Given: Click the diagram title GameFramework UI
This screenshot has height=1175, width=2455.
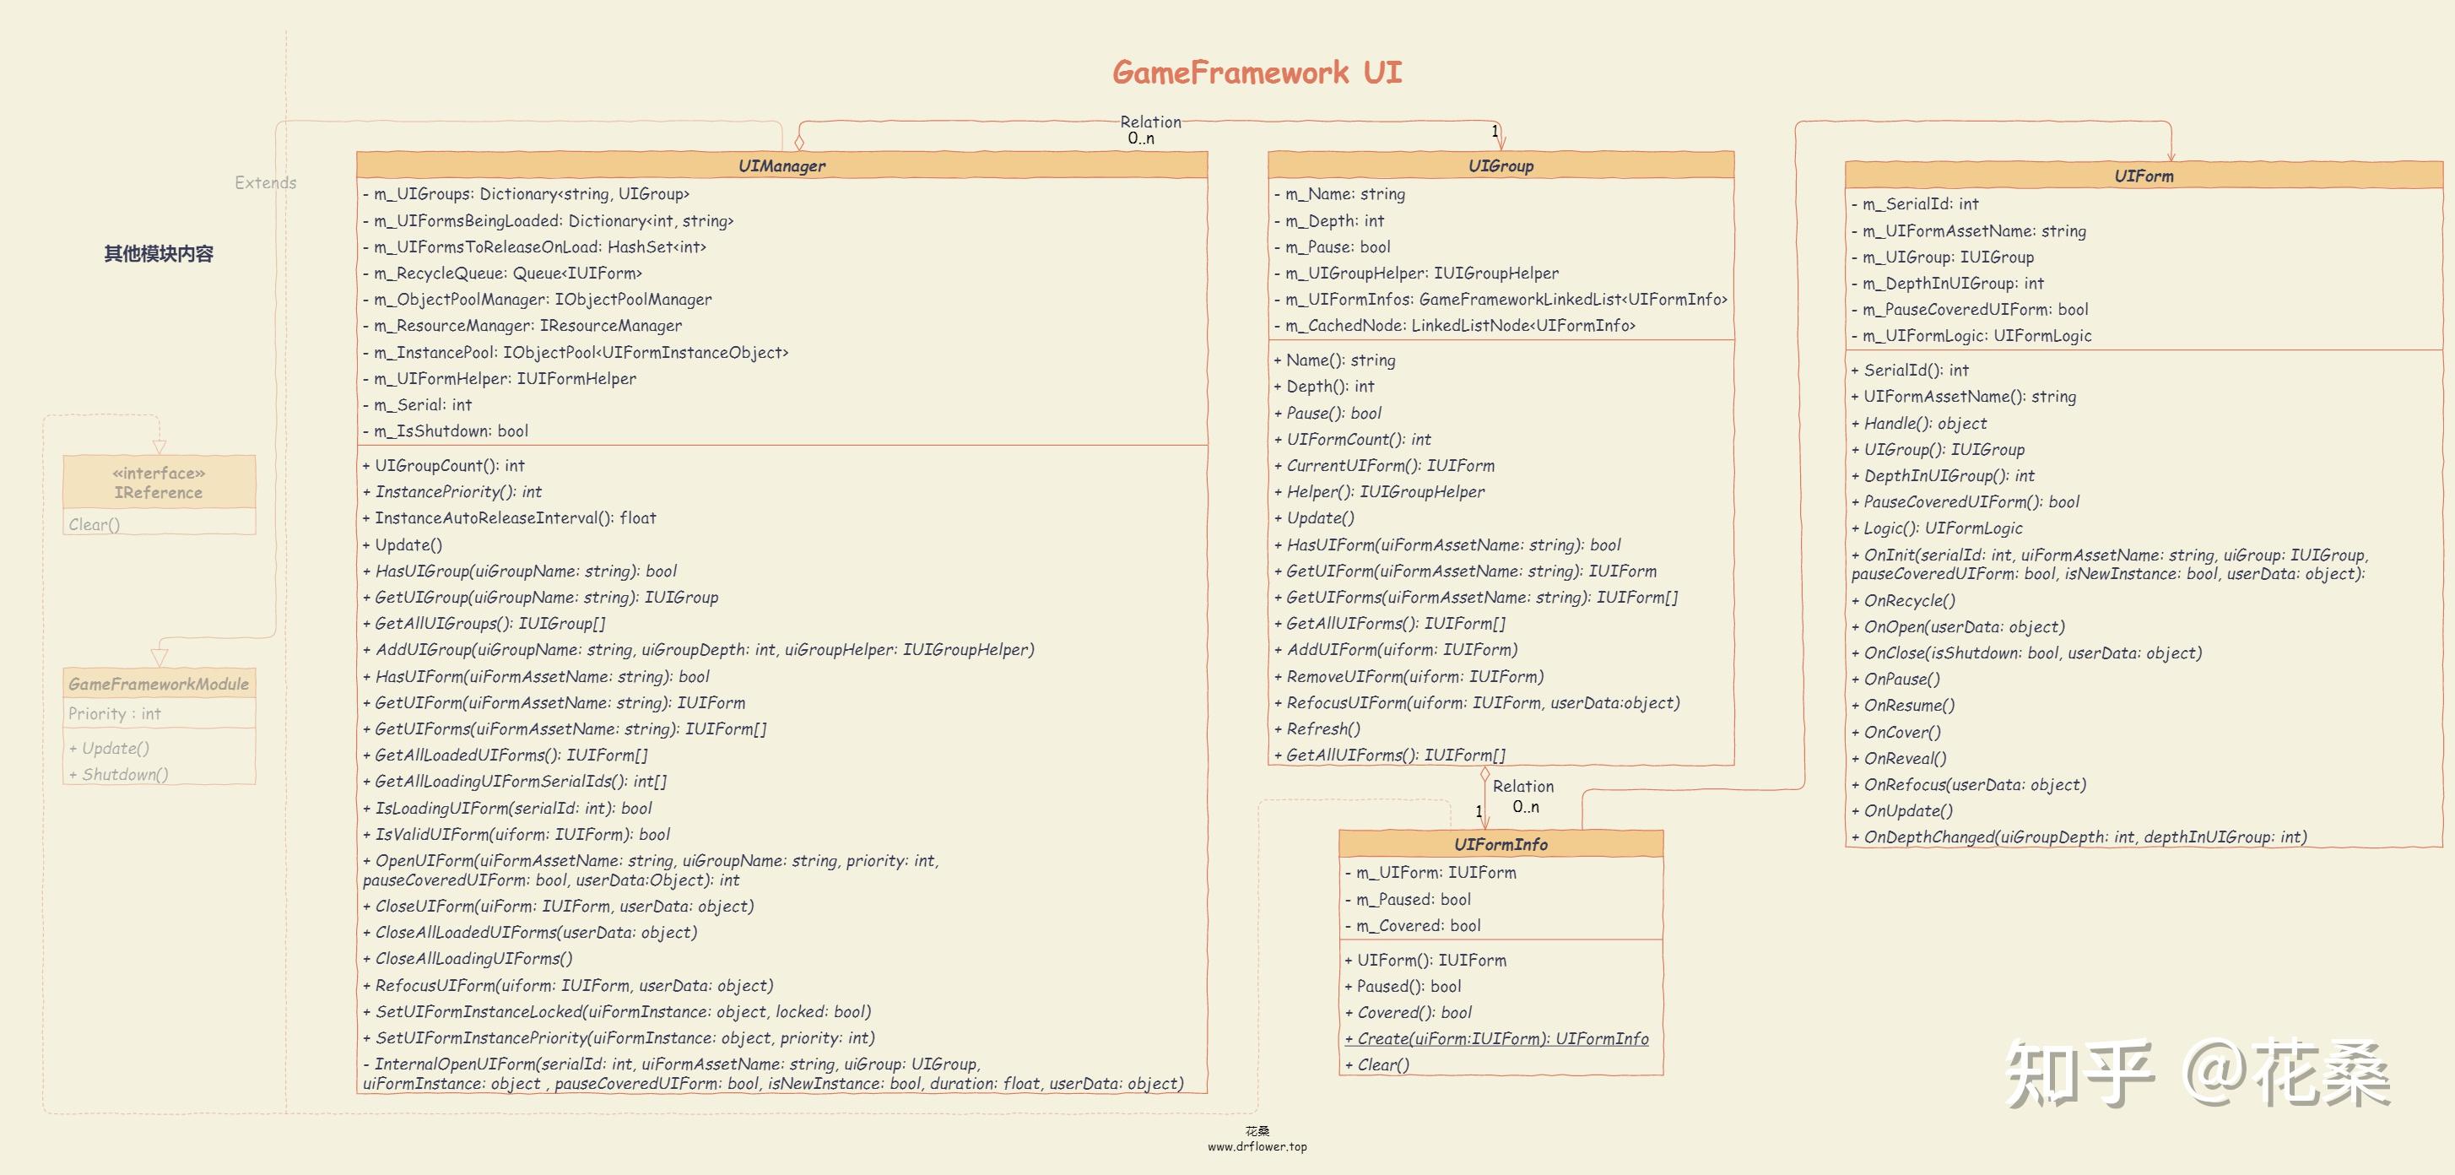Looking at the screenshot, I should (1257, 73).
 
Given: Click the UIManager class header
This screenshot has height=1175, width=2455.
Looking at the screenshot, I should (781, 165).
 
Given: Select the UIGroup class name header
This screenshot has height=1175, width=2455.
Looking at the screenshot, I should (1500, 165).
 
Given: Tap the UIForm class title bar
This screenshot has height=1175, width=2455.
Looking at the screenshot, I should (2144, 176).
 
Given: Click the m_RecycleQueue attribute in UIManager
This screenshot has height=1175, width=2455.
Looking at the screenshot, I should (508, 273).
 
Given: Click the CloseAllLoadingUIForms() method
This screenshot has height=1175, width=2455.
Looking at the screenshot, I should (473, 959).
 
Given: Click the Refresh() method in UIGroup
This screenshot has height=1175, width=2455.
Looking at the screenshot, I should (1322, 729).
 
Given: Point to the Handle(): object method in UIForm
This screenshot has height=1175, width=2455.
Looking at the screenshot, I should (1925, 423).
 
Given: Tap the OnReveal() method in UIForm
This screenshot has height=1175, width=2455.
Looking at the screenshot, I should (1904, 759).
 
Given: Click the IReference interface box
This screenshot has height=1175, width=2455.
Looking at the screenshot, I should (160, 483).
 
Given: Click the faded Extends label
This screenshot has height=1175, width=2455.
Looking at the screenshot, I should (265, 183).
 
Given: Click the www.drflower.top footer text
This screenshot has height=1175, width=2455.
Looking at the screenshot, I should (1257, 1146).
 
